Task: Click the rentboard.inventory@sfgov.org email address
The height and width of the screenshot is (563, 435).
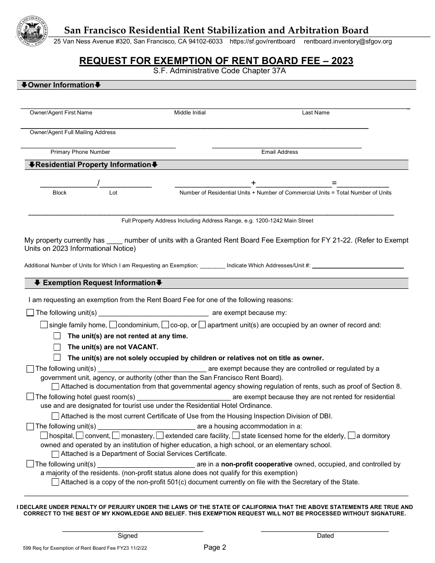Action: [x=348, y=41]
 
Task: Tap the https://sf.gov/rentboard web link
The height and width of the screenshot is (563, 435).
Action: [x=262, y=41]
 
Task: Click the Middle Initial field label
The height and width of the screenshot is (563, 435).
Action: [x=190, y=113]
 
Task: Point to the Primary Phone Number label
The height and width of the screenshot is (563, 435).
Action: [x=80, y=152]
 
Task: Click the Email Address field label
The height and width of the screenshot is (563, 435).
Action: [x=279, y=152]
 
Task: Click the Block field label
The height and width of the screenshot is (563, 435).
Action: [x=60, y=193]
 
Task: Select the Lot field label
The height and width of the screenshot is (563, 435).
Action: [x=113, y=193]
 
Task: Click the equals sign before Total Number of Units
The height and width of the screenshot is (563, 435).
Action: [x=334, y=184]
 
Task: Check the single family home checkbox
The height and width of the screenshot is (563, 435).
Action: [x=44, y=325]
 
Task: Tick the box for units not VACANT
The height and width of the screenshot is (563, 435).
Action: [x=57, y=347]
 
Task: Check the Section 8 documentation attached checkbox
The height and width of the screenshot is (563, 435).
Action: [x=55, y=386]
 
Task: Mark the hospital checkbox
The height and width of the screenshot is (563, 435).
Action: [x=44, y=435]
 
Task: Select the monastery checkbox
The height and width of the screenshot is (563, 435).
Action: [x=116, y=435]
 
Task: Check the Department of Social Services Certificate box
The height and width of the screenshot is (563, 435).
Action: [x=55, y=454]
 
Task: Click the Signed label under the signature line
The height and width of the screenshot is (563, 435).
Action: [x=127, y=536]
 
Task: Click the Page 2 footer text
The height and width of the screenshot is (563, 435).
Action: [x=215, y=547]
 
